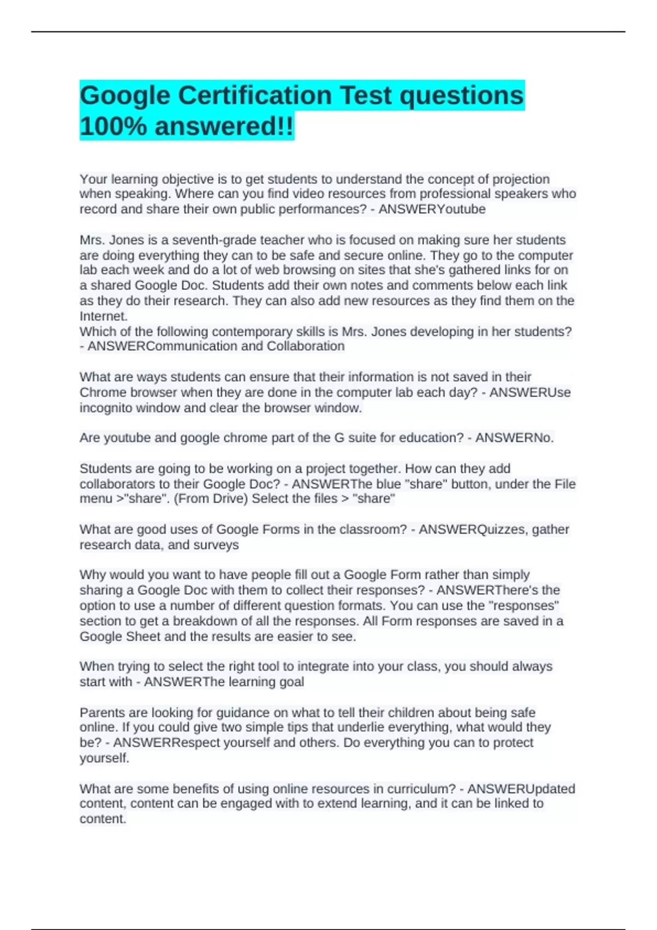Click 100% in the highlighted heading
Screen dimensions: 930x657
click(x=113, y=126)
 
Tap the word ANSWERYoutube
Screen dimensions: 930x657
click(x=431, y=210)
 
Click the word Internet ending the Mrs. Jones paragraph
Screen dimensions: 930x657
click(x=103, y=316)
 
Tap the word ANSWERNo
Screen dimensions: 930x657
click(x=514, y=438)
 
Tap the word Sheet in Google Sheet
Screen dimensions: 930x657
click(x=143, y=637)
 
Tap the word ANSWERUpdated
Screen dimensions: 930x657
click(x=521, y=789)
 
